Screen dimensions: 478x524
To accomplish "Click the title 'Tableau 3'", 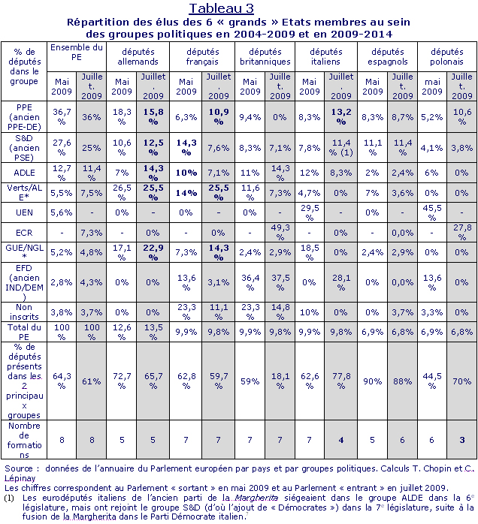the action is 221,8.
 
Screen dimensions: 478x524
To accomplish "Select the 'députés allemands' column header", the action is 138,56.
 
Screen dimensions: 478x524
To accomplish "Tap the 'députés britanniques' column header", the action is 265,56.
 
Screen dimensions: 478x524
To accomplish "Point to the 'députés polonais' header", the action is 447,56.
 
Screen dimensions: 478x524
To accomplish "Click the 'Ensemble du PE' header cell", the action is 77,52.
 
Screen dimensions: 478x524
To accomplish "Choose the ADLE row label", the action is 24,173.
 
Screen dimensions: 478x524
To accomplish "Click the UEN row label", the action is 24,212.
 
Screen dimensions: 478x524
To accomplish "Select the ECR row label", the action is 24,232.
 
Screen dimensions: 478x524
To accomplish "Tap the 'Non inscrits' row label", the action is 24,312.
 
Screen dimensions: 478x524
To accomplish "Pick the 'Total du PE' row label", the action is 24,332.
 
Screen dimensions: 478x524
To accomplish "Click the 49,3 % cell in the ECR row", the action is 280,232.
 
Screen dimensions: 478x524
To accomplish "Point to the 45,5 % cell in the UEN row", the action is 432,212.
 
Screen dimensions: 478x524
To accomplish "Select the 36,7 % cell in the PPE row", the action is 62,116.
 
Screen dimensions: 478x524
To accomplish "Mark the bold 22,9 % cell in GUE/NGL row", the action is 153,252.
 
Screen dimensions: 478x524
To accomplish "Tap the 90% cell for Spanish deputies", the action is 372,381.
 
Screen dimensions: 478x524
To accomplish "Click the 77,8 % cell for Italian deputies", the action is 341,381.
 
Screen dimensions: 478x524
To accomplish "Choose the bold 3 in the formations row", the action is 462,440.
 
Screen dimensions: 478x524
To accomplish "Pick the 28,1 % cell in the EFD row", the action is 341,282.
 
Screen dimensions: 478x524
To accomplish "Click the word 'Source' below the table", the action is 19,468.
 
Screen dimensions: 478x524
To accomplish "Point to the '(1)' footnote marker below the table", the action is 9,498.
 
